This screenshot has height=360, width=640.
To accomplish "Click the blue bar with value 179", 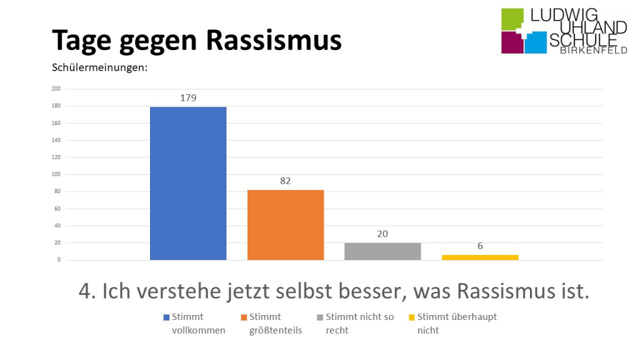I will [x=188, y=183].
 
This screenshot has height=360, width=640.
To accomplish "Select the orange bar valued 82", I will [x=286, y=224].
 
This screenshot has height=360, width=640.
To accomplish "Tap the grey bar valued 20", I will [x=382, y=251].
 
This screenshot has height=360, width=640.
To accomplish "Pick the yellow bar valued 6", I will [x=480, y=257].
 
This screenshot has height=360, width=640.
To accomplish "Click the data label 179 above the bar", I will [x=188, y=98].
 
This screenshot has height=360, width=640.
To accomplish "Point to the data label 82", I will [x=286, y=181].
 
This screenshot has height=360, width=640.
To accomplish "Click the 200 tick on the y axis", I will [x=56, y=89].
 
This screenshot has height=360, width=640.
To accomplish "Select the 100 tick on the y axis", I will [x=56, y=174].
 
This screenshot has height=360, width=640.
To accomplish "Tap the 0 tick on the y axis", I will [x=58, y=260].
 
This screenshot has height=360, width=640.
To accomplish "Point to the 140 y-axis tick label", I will [x=56, y=140].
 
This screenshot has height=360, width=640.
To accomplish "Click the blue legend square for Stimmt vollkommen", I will [x=166, y=317].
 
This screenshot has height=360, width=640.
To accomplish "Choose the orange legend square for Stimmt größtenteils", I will [x=244, y=317].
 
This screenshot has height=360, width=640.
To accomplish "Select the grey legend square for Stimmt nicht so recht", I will [x=320, y=317].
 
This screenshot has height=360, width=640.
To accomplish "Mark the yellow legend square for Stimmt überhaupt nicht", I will [x=411, y=317].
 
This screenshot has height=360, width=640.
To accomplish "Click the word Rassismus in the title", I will [x=274, y=40].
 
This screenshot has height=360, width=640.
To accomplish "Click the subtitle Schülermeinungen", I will [x=99, y=67].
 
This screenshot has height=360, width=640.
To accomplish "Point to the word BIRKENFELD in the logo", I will [x=593, y=51].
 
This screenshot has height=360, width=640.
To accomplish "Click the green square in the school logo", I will [x=512, y=19].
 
